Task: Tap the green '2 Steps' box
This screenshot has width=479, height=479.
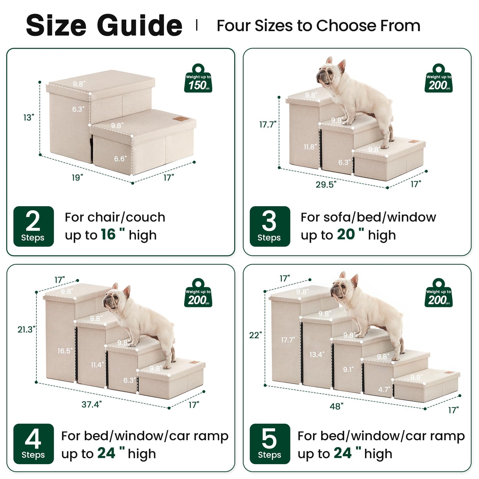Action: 33,226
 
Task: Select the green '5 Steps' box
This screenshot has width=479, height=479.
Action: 270,444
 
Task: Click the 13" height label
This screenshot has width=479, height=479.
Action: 29,118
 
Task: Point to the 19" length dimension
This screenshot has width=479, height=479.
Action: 77,178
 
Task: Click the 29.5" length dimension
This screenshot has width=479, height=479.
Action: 326,185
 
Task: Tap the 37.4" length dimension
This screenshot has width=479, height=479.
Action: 91,404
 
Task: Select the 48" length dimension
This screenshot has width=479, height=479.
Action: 336,406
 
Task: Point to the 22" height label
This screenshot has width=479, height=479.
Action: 256,335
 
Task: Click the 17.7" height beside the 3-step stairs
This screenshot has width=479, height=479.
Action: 268,125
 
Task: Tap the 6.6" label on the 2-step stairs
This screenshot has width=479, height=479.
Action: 120,159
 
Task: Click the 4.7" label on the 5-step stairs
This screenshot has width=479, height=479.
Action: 384,389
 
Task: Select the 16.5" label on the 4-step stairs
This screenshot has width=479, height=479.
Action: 65,351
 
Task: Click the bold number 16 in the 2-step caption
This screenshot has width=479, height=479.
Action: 108,235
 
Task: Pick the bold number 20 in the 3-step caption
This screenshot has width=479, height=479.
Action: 346,235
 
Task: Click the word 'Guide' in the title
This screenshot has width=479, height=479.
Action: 140,26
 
